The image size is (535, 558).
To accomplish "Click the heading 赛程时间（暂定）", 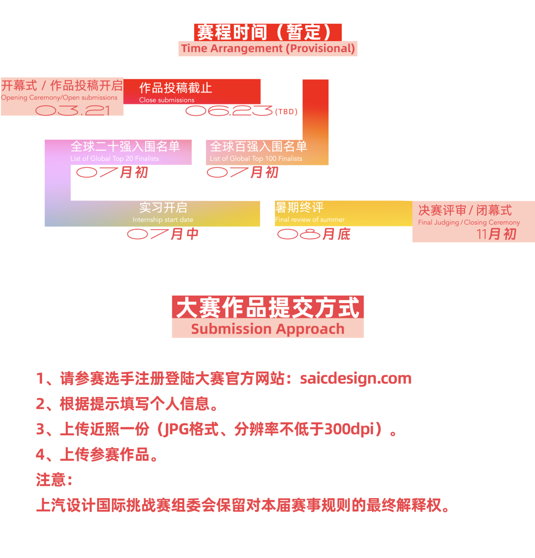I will click(x=267, y=32).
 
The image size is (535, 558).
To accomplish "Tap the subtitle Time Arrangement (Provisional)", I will click(x=267, y=49).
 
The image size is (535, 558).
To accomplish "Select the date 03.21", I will click(x=73, y=110).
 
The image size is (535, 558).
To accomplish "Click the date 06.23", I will click(x=229, y=111).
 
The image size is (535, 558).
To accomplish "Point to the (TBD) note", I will click(x=286, y=112).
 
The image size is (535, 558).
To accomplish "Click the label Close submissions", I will click(x=166, y=100).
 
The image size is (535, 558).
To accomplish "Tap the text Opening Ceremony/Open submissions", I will click(x=59, y=98).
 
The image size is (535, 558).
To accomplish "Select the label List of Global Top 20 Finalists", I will click(x=114, y=158).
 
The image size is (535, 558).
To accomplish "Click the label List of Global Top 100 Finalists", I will click(x=256, y=158).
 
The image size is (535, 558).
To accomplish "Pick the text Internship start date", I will click(x=162, y=219).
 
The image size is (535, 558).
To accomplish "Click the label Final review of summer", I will click(x=310, y=219).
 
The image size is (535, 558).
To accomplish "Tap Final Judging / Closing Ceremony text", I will click(x=469, y=222).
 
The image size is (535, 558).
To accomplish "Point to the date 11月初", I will click(x=496, y=234).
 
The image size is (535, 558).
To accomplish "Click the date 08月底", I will click(x=314, y=234).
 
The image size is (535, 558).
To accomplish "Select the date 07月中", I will click(x=162, y=234).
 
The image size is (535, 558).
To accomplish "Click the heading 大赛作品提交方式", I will click(x=267, y=307).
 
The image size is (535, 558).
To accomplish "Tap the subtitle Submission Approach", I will click(x=267, y=329).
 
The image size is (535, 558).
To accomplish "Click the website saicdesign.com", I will click(x=356, y=379).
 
